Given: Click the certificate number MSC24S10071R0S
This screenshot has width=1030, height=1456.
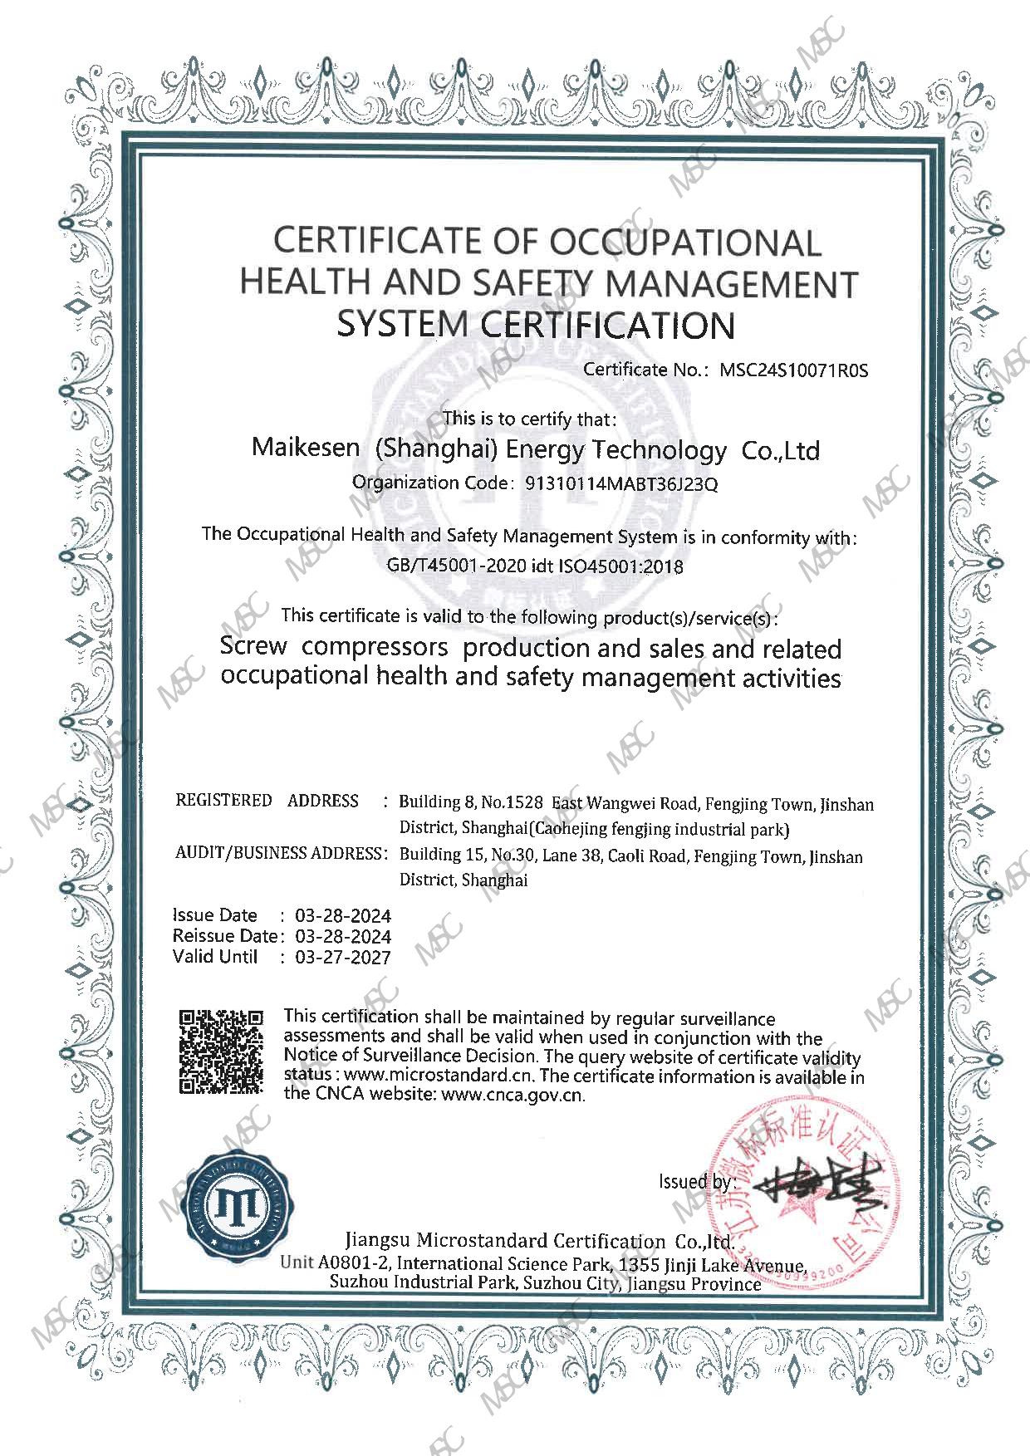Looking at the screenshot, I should [x=793, y=370].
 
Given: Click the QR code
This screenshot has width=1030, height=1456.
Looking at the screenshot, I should [x=222, y=1052].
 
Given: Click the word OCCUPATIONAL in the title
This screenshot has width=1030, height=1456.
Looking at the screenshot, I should [x=684, y=243].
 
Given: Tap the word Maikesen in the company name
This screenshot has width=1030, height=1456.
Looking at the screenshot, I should [x=306, y=449].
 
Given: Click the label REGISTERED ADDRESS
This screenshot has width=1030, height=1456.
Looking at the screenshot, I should [x=267, y=801].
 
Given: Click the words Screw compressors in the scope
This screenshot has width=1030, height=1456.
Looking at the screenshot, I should [x=334, y=646].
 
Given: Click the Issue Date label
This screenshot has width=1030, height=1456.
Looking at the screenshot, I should [x=215, y=915].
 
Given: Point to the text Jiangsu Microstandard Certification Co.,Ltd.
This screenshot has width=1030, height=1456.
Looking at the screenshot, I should [x=538, y=1242].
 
